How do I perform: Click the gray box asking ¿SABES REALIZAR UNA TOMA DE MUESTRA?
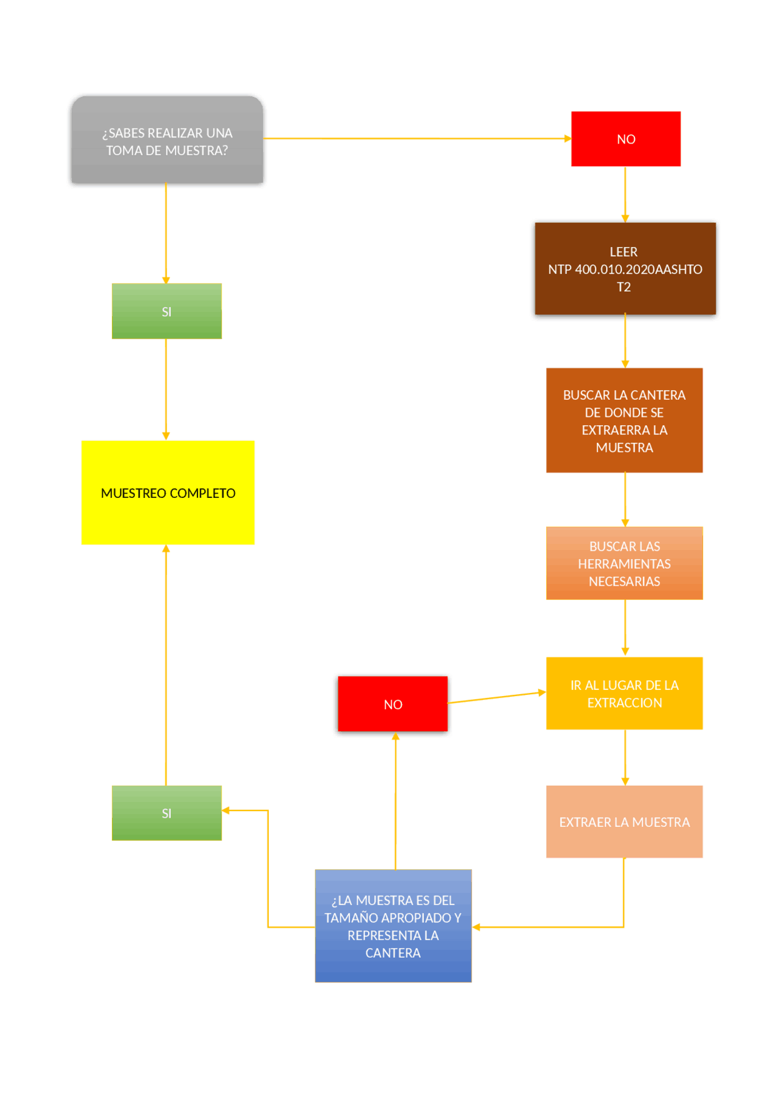tap(167, 141)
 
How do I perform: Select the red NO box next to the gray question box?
tap(625, 139)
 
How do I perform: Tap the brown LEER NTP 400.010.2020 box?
tap(625, 269)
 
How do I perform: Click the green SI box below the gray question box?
tap(167, 311)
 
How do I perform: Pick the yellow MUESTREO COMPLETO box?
tap(168, 492)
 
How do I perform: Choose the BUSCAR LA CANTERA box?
tap(624, 420)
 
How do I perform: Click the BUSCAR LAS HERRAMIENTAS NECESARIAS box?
tap(624, 563)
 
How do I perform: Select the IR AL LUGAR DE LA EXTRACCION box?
tap(624, 694)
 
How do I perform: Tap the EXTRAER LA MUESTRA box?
tap(624, 822)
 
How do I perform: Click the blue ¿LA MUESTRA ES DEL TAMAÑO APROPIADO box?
tap(393, 926)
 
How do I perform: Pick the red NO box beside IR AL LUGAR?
tap(392, 704)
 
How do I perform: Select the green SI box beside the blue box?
tap(167, 813)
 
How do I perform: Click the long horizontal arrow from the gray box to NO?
tap(418, 139)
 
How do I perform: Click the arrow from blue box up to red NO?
tap(395, 800)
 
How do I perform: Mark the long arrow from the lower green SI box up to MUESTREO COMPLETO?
tap(166, 666)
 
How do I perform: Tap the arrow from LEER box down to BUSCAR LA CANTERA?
tap(625, 341)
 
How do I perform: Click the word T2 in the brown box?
tap(624, 287)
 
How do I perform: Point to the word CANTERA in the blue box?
tap(393, 953)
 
